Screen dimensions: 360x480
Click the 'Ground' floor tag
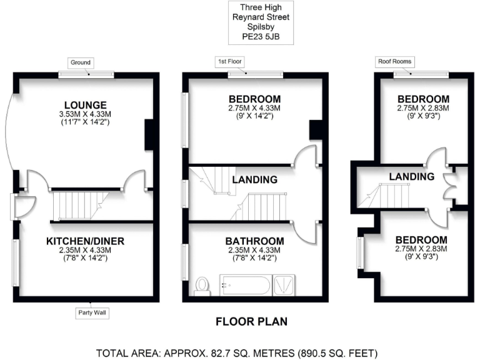pyautogui.click(x=81, y=62)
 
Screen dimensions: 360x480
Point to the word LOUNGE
pyautogui.click(x=84, y=104)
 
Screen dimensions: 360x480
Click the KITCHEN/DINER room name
pyautogui.click(x=85, y=241)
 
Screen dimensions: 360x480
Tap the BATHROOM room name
pyautogui.click(x=255, y=241)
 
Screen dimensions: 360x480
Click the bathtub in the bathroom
pyautogui.click(x=244, y=286)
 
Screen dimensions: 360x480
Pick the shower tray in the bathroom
pyautogui.click(x=284, y=286)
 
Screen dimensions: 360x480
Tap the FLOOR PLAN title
pyautogui.click(x=251, y=322)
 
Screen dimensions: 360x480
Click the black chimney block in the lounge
pyautogui.click(x=149, y=134)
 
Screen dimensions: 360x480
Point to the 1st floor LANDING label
pyautogui.click(x=254, y=180)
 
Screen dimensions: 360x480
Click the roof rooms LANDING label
pyautogui.click(x=411, y=177)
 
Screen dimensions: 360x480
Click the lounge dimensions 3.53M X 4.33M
pyautogui.click(x=84, y=114)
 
